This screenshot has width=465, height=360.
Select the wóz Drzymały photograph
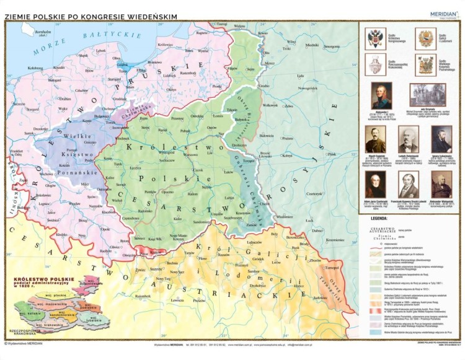tap(427, 95)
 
